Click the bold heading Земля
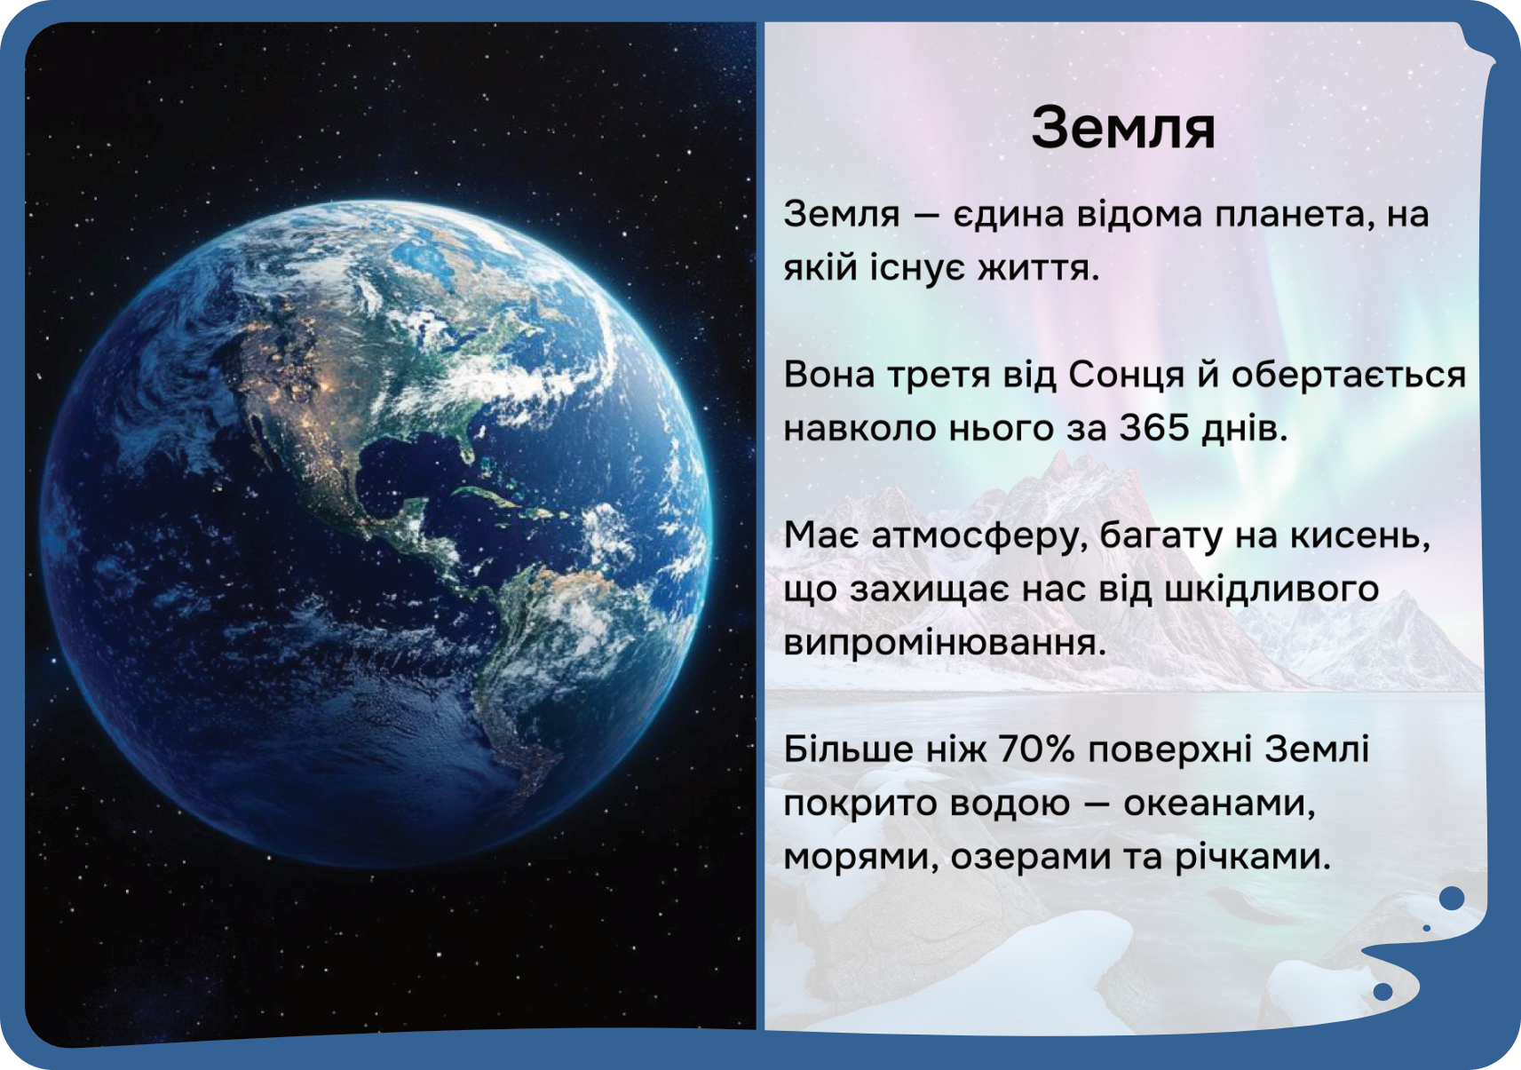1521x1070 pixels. pyautogui.click(x=1123, y=129)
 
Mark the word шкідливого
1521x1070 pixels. pyautogui.click(x=1271, y=590)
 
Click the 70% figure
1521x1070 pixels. pyautogui.click(x=1036, y=749)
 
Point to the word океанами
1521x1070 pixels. pyautogui.click(x=1219, y=804)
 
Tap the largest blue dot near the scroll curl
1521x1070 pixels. pyautogui.click(x=1452, y=899)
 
